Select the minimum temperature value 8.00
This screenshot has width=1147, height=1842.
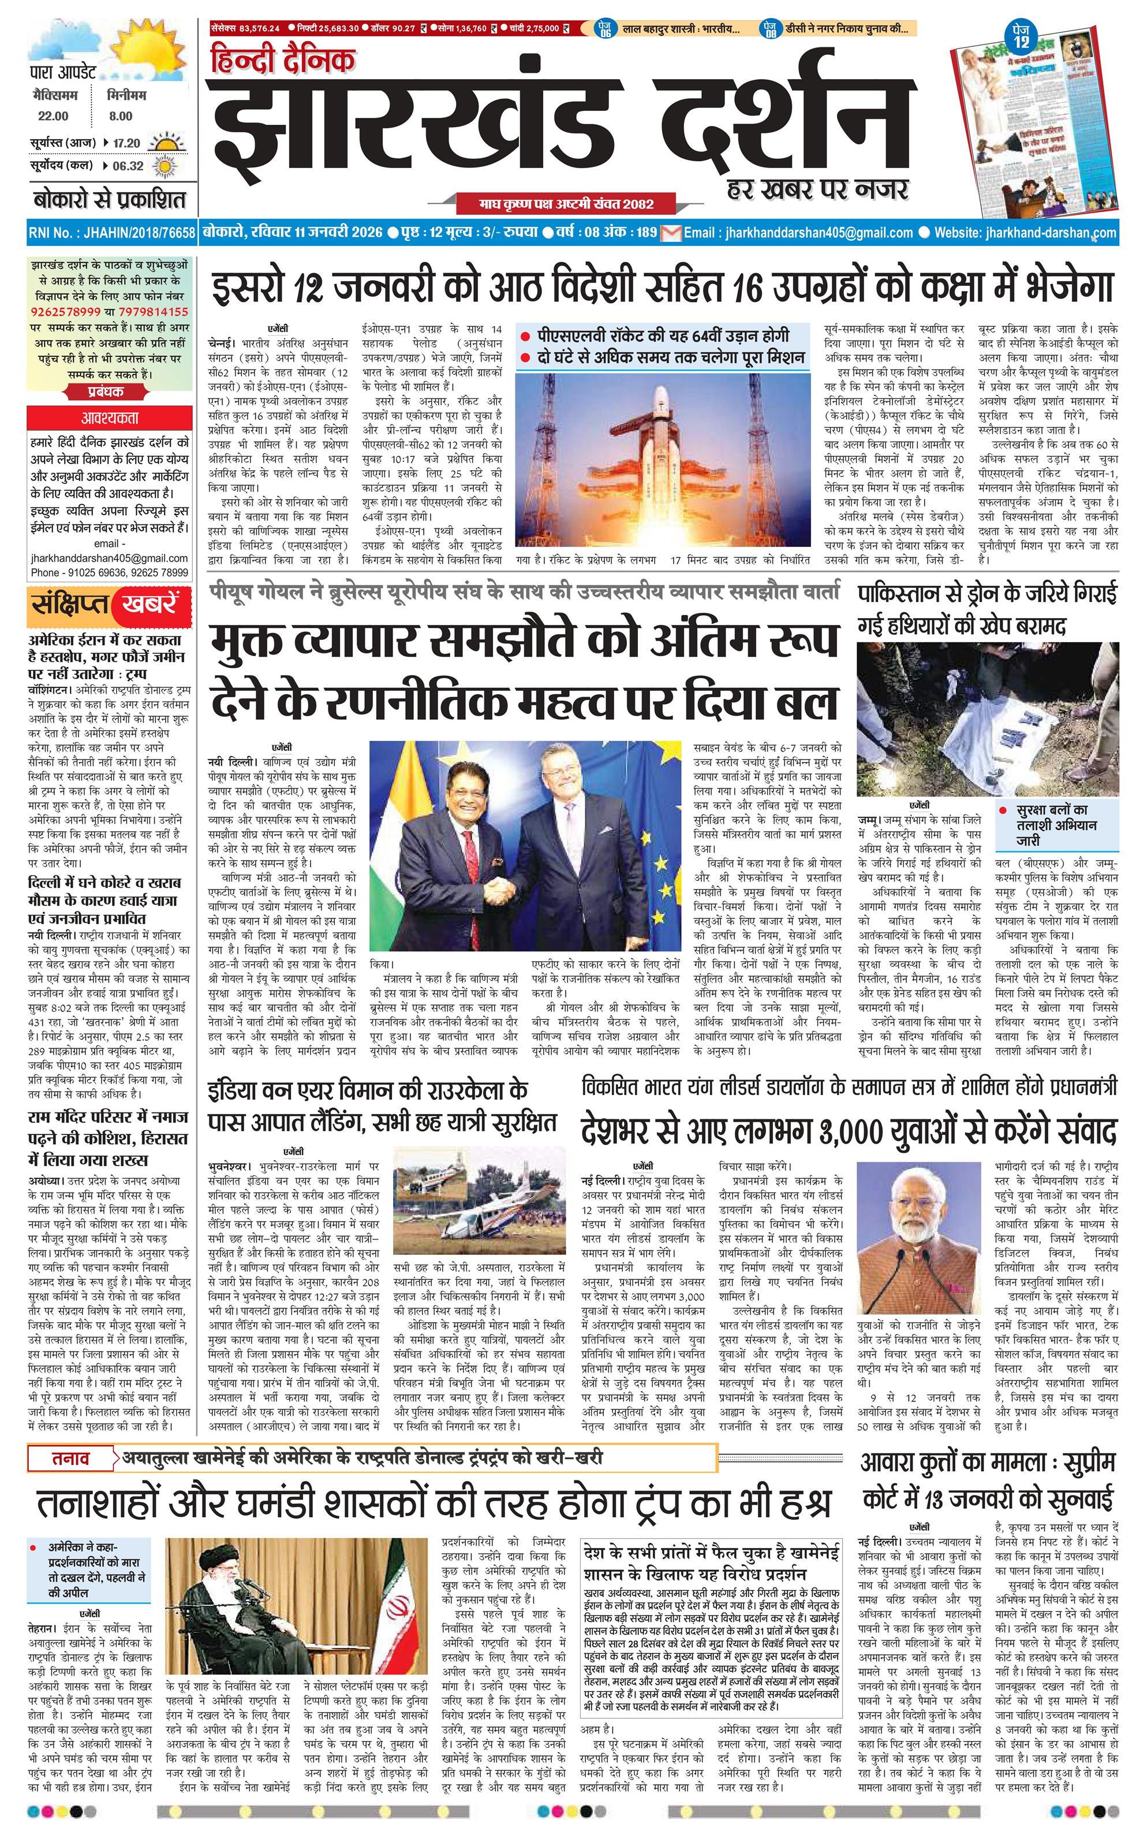[120, 116]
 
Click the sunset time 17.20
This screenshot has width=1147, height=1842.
[126, 143]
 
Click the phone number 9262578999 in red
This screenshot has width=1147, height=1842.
[65, 312]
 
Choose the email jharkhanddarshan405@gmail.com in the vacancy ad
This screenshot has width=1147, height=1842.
[109, 558]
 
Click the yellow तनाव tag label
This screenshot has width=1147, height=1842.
[70, 1457]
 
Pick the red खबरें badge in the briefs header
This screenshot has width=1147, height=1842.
[150, 604]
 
